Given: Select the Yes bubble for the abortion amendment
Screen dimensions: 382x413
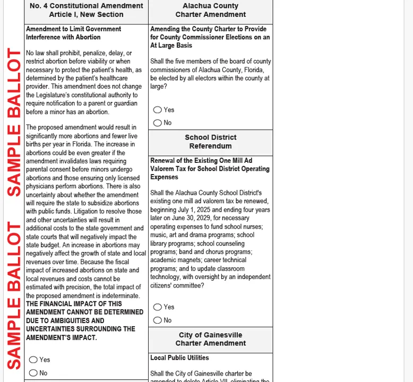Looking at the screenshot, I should coord(33,360).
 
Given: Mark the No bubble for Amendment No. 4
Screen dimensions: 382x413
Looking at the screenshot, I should coord(33,373).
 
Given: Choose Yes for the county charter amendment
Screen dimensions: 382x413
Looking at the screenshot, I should coord(158,110).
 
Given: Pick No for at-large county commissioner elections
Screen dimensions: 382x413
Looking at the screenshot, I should coord(158,123).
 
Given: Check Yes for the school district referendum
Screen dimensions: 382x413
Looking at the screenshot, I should coord(158,307).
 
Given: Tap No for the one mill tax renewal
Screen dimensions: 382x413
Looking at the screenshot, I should coord(158,320).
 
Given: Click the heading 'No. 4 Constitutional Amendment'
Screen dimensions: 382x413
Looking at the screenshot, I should coord(86,6).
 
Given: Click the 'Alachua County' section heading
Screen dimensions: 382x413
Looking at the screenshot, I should coord(210,6).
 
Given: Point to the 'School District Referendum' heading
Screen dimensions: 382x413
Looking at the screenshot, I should coord(210,142).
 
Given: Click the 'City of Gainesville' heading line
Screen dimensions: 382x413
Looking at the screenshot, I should coord(210,335).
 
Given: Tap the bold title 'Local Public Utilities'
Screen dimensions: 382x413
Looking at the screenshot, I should coord(179,358).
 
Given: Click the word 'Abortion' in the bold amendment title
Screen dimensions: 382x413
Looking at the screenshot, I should coord(88,37).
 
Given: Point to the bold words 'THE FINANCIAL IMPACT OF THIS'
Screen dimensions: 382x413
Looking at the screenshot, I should coord(74,304).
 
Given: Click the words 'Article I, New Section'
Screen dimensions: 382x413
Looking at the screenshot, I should coord(86,14).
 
